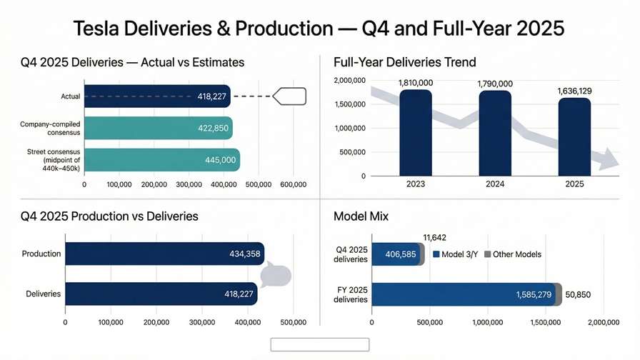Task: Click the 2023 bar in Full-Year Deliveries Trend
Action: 416,132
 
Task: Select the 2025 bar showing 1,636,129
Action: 574,136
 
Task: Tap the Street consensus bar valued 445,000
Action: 162,160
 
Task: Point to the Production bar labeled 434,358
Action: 164,254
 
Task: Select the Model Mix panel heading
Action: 361,216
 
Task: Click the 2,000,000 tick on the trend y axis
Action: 351,81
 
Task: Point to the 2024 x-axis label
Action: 495,184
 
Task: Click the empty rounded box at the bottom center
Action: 319,345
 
